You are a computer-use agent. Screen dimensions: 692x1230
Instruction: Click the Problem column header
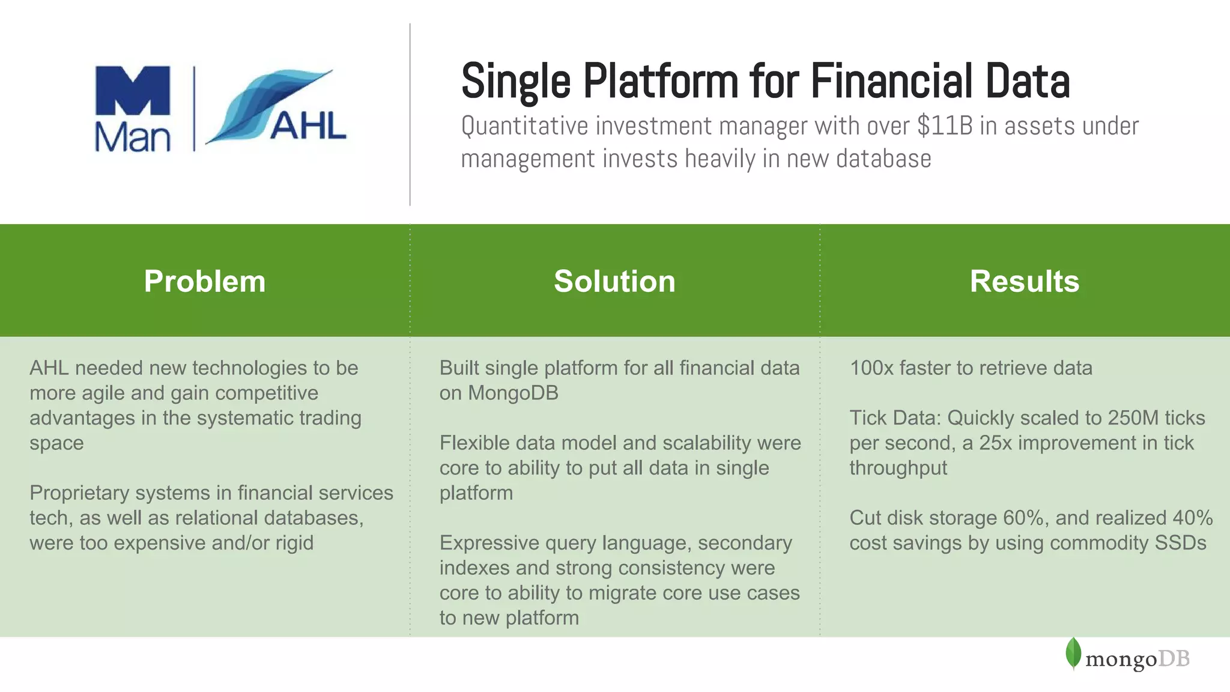pyautogui.click(x=204, y=281)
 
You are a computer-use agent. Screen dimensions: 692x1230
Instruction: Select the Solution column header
pyautogui.click(x=614, y=281)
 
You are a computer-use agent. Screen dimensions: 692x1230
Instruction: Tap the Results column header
pyautogui.click(x=1024, y=281)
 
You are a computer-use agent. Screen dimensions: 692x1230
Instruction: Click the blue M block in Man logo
pyautogui.click(x=133, y=90)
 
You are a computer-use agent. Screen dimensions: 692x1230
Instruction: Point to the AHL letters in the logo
pyautogui.click(x=308, y=126)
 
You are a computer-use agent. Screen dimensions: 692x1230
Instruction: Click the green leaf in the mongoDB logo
pyautogui.click(x=1073, y=653)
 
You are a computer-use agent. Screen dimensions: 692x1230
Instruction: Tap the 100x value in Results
pyautogui.click(x=871, y=368)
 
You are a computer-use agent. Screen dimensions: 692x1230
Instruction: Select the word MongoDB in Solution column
pyautogui.click(x=513, y=393)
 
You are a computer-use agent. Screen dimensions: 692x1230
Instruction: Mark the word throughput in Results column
pyautogui.click(x=898, y=468)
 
